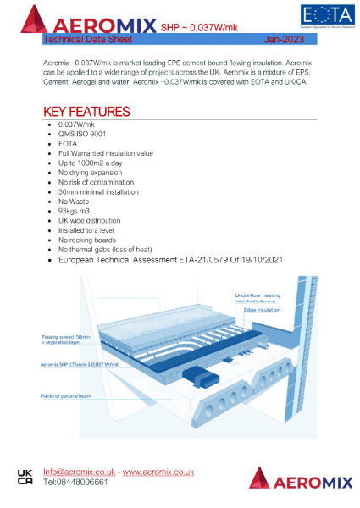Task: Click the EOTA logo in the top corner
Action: [325, 17]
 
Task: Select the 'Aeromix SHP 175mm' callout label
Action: [77, 363]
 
